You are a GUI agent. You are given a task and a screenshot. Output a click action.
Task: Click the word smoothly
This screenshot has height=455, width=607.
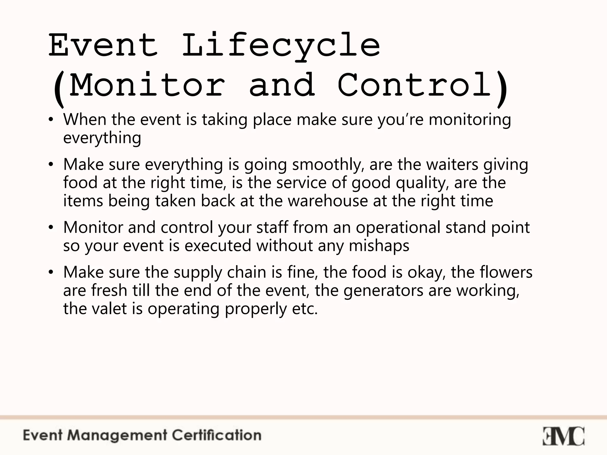click(x=328, y=165)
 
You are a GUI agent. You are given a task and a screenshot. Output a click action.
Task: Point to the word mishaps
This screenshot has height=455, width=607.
click(x=379, y=246)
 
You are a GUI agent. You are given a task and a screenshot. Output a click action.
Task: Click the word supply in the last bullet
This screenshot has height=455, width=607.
click(x=198, y=273)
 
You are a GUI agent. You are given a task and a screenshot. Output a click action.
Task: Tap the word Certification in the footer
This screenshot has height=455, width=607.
click(x=217, y=435)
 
